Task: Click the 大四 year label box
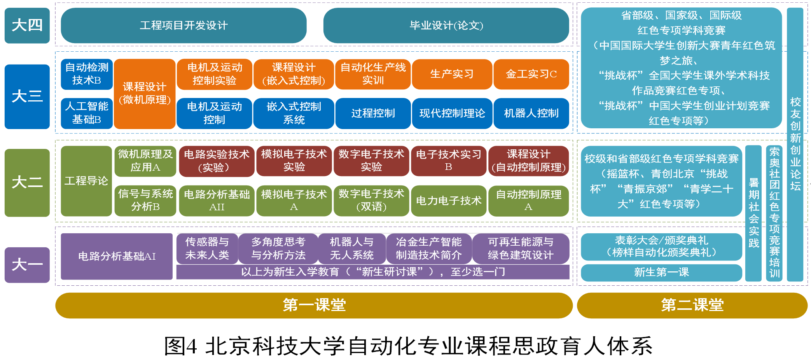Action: [x=27, y=25]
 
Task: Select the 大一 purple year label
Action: [x=27, y=265]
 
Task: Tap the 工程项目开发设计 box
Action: [x=184, y=26]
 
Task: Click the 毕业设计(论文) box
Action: [x=446, y=26]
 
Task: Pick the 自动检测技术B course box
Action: [x=87, y=74]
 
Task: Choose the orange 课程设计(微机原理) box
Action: [x=145, y=94]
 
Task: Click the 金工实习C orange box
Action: [x=531, y=74]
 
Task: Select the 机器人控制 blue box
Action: [x=531, y=113]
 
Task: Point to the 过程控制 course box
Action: [x=373, y=113]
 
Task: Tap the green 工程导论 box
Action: [x=86, y=181]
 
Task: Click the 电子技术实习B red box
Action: [x=449, y=161]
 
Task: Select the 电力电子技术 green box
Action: [x=449, y=201]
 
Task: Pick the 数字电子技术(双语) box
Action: [x=371, y=200]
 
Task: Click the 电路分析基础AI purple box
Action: [x=117, y=256]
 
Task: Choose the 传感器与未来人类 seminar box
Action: [x=207, y=248]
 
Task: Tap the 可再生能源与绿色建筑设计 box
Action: [x=521, y=248]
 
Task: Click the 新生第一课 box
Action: [x=661, y=272]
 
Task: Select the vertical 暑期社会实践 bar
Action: [x=753, y=213]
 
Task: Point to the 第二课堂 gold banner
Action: [x=692, y=305]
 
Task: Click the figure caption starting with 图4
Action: [x=408, y=346]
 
